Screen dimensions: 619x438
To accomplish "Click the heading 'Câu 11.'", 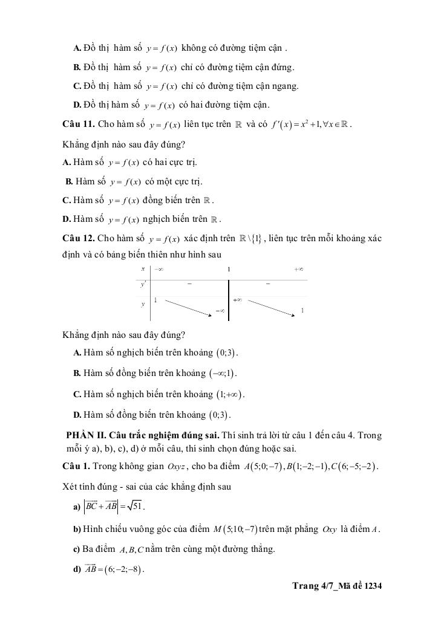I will point(79,125).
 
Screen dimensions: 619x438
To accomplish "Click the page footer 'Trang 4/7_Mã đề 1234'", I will point(337,586).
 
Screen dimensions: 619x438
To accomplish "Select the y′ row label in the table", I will point(143,283).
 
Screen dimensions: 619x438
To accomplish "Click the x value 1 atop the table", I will point(229,268).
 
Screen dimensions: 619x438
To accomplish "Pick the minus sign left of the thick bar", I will point(189,283).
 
